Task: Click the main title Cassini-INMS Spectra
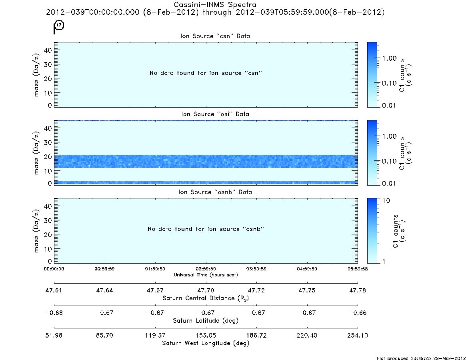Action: coord(215,5)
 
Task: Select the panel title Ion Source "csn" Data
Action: coord(215,36)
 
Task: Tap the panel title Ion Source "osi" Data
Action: coord(215,114)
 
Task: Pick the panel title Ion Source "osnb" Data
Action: coord(215,192)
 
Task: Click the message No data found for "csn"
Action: coord(206,73)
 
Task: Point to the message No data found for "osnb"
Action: coord(206,229)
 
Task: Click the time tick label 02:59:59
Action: coord(206,269)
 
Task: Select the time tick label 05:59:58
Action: coord(358,269)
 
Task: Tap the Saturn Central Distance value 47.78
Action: coord(358,290)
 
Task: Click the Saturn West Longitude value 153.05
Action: coord(206,335)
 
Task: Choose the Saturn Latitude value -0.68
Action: coord(54,313)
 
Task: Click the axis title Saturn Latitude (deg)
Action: coord(206,321)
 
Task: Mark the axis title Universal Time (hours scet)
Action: coord(206,275)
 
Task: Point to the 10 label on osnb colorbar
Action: coord(386,201)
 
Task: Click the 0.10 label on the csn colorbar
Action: coord(389,83)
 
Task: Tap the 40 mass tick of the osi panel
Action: coord(48,128)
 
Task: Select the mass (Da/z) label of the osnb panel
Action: coord(36,231)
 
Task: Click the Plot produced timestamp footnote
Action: coord(421,358)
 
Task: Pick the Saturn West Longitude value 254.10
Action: coord(358,335)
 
